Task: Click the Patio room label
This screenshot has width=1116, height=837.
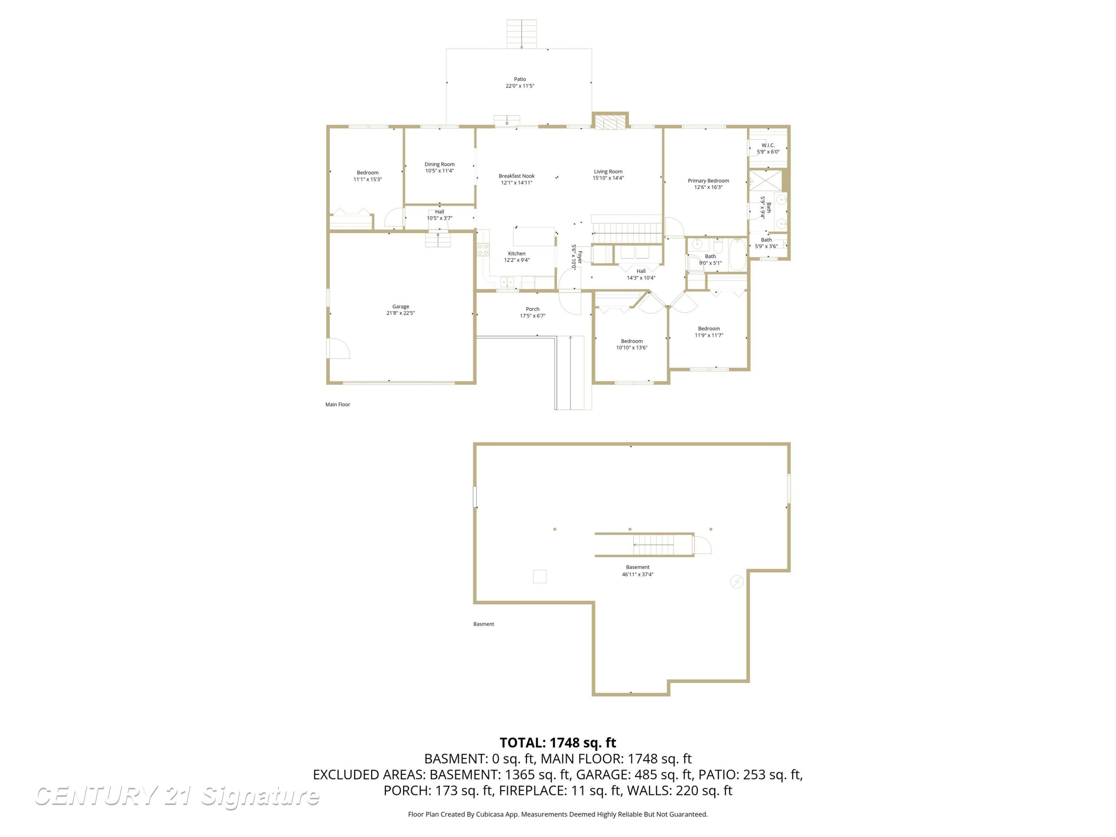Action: pos(520,79)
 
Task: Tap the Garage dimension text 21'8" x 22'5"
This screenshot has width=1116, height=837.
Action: pos(401,313)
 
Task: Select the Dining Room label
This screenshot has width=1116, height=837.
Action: pos(439,164)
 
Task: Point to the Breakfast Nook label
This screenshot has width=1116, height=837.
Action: pos(517,176)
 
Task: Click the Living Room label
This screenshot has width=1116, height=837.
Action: pos(608,171)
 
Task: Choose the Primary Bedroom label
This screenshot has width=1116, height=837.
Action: pos(708,181)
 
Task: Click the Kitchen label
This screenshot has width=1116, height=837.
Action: pos(517,254)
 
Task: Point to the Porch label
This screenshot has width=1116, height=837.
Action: pos(533,309)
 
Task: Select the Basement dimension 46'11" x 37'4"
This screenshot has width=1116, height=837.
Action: pos(638,574)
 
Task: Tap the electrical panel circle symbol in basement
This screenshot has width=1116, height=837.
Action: pos(737,582)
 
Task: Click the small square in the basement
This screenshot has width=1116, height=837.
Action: pos(540,576)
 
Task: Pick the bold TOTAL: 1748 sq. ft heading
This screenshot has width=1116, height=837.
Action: pos(558,743)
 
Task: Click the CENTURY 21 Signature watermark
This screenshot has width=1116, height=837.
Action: pos(177,796)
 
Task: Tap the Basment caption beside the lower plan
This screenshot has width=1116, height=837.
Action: pos(483,624)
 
